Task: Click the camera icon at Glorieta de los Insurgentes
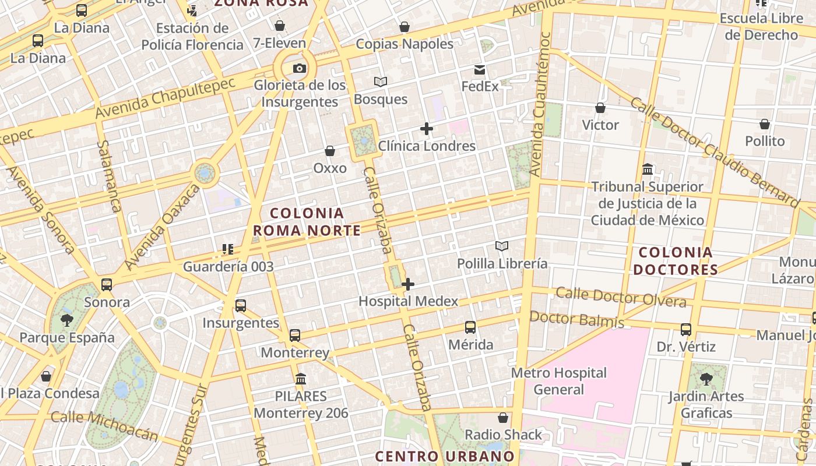coord(299,69)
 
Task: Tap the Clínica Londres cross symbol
coord(427,129)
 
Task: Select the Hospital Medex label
coord(408,301)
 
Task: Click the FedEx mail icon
coord(480,70)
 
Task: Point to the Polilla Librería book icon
coord(502,246)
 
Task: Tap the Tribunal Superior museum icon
coord(647,170)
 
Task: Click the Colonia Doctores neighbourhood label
coord(676,261)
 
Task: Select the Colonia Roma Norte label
coord(307,222)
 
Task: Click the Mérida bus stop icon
coord(470,327)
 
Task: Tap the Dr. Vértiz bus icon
coord(686,330)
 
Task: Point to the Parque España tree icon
coord(66,320)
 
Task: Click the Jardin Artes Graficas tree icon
coord(706,379)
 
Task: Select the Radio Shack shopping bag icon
coord(503,418)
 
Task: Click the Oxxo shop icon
coord(330,151)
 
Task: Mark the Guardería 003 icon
coord(227,250)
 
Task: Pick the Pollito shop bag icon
coord(765,124)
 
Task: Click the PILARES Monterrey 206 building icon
coord(301,379)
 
